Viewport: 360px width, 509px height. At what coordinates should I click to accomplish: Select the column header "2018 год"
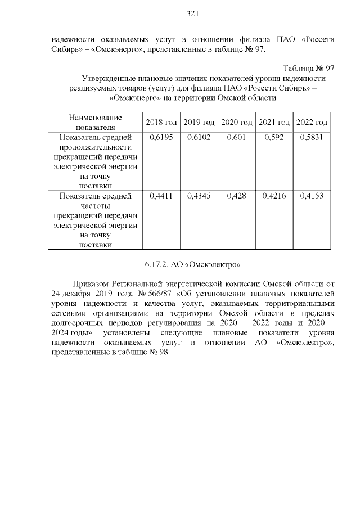[x=161, y=122]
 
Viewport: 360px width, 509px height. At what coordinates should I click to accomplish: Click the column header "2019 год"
[x=199, y=122]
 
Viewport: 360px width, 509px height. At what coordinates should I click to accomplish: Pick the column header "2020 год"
[x=237, y=122]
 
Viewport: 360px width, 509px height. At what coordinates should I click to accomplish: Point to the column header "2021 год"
[x=274, y=122]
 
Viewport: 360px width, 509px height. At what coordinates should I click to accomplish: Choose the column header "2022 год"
[x=312, y=122]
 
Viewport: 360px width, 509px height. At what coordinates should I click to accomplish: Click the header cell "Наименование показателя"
[x=95, y=122]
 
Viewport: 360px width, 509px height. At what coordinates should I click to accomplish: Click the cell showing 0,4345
[x=199, y=196]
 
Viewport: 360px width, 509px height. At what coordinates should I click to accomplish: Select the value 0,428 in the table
[x=237, y=196]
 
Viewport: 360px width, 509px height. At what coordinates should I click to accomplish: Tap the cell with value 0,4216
[x=274, y=196]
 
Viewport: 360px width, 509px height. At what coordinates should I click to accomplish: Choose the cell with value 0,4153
[x=312, y=196]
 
